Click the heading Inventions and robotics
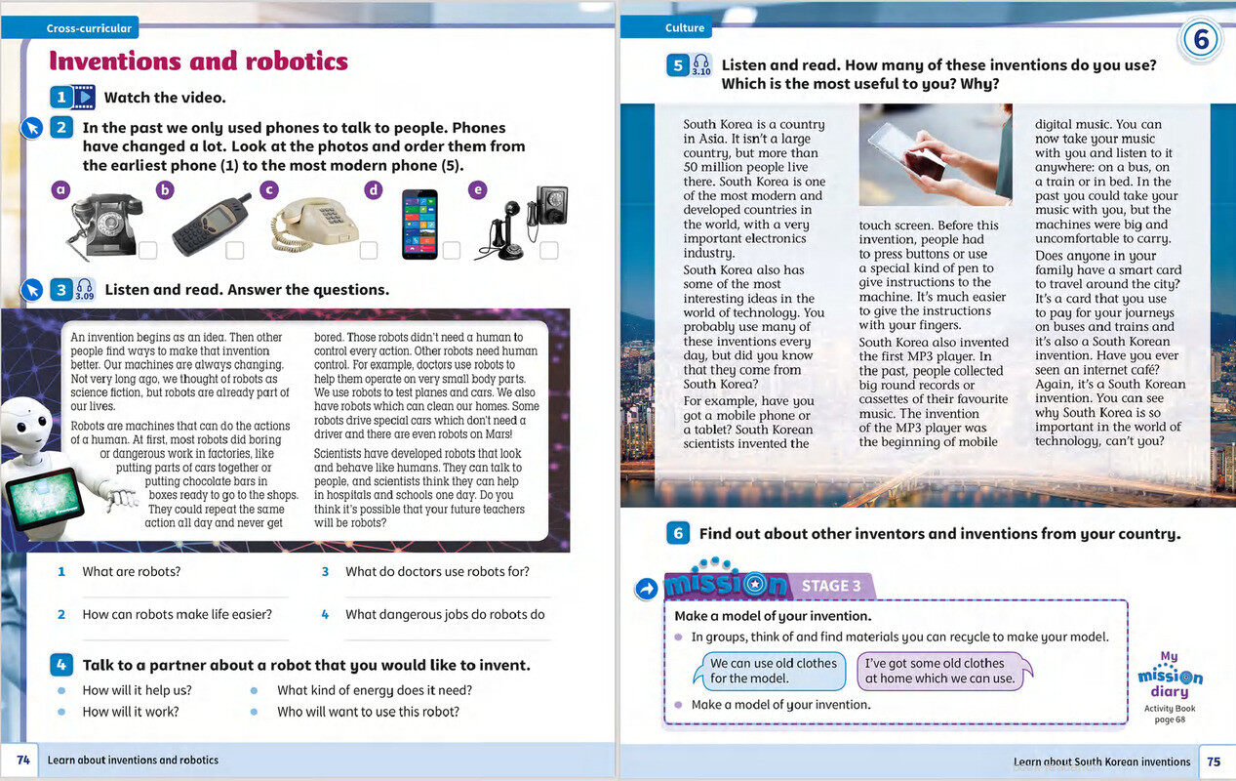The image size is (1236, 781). click(198, 62)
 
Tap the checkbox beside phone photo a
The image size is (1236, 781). click(147, 251)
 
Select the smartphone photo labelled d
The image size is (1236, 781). click(419, 224)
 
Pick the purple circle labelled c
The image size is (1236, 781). click(269, 190)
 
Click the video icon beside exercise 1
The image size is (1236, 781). click(84, 97)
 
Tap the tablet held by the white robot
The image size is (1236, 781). click(44, 499)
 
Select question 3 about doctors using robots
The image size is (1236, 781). click(436, 571)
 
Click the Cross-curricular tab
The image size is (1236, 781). click(90, 28)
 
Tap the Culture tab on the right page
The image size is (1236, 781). click(684, 28)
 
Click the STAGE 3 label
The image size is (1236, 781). click(830, 586)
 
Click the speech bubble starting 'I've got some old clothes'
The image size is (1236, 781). click(939, 671)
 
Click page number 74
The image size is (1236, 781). click(23, 760)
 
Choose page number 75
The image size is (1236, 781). click(1214, 760)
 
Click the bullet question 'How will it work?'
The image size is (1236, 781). click(130, 712)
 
